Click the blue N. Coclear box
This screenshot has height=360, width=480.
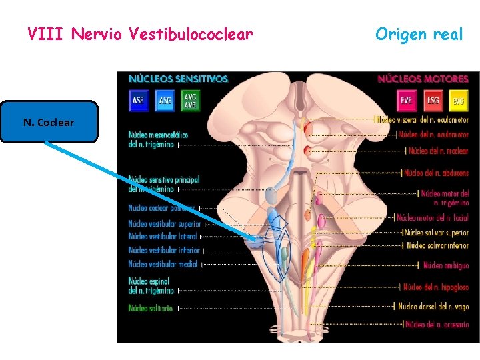tap(49, 122)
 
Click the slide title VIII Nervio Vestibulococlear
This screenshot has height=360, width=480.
tap(141, 33)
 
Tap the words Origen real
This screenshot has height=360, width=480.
tap(418, 34)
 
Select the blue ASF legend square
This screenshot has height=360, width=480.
tap(139, 101)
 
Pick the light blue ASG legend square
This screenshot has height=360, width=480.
tap(165, 101)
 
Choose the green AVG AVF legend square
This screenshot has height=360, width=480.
tap(190, 101)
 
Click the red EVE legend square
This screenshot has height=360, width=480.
tap(406, 101)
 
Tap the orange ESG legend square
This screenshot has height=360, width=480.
tap(432, 101)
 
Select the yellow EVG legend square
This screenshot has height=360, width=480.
tap(457, 101)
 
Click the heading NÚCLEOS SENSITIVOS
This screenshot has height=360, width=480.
tap(178, 79)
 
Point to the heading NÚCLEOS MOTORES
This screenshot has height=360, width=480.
tap(423, 79)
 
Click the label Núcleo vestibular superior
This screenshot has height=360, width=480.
tap(164, 224)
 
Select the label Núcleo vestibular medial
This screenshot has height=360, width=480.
tap(161, 264)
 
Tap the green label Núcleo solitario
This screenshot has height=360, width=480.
tap(151, 308)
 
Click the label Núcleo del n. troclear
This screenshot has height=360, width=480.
tap(438, 151)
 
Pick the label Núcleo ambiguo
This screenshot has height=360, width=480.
tap(446, 265)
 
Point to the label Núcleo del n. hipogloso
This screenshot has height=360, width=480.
tap(435, 287)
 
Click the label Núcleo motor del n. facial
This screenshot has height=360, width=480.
tap(433, 218)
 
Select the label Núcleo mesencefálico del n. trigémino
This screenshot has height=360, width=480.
tap(158, 139)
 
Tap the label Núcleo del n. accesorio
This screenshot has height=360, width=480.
tap(437, 325)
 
